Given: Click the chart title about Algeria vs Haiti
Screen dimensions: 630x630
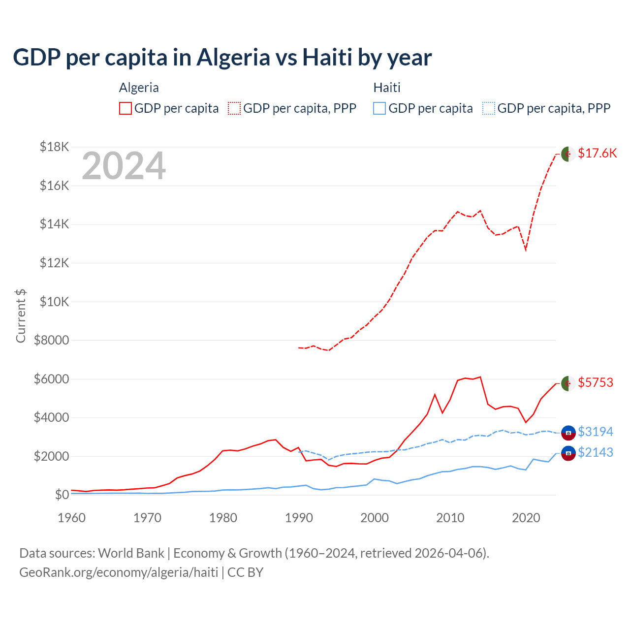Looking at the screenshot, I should [x=222, y=58].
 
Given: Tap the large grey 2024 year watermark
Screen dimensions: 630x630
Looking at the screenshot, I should [x=124, y=166].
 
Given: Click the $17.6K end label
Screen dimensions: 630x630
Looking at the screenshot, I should [x=597, y=153].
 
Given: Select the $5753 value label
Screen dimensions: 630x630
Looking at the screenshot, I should [x=596, y=382].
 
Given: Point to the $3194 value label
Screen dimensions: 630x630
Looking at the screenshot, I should [x=596, y=432].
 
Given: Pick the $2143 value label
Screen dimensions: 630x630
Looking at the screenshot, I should [x=596, y=452].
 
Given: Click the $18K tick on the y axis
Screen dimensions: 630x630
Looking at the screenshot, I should [x=55, y=147].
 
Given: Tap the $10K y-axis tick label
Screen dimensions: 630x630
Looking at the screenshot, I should [x=55, y=302].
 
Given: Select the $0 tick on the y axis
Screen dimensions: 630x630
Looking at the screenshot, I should [x=62, y=495].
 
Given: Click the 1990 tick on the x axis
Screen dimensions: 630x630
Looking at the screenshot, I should [x=299, y=518].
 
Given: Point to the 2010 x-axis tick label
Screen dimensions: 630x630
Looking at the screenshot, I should [x=450, y=518].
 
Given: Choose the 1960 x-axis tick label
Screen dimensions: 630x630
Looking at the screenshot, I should [x=72, y=518].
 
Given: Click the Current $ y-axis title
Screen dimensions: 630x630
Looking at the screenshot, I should [x=21, y=316].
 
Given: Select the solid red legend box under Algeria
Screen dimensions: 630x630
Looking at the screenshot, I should [x=126, y=108].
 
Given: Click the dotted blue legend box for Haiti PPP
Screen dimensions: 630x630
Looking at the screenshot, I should [x=489, y=108].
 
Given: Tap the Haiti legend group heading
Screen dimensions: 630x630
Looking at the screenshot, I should [x=387, y=88].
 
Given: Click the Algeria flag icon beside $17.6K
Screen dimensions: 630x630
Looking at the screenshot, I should [x=568, y=154].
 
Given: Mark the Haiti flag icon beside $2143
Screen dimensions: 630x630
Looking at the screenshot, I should [x=568, y=453].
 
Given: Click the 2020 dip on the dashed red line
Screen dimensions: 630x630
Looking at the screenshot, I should [x=526, y=250].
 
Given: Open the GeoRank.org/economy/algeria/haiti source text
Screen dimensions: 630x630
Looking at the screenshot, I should [x=119, y=572].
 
